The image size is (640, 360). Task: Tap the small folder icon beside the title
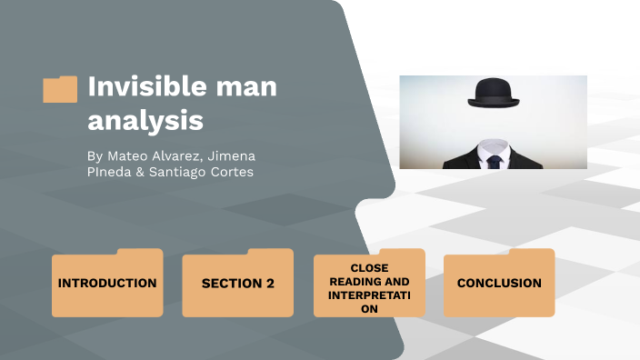[x=60, y=89]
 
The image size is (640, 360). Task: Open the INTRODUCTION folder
[x=107, y=283]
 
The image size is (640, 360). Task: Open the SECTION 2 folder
[x=237, y=283]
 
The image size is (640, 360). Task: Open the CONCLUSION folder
[x=499, y=283]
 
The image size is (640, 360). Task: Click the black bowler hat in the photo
[x=494, y=92]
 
